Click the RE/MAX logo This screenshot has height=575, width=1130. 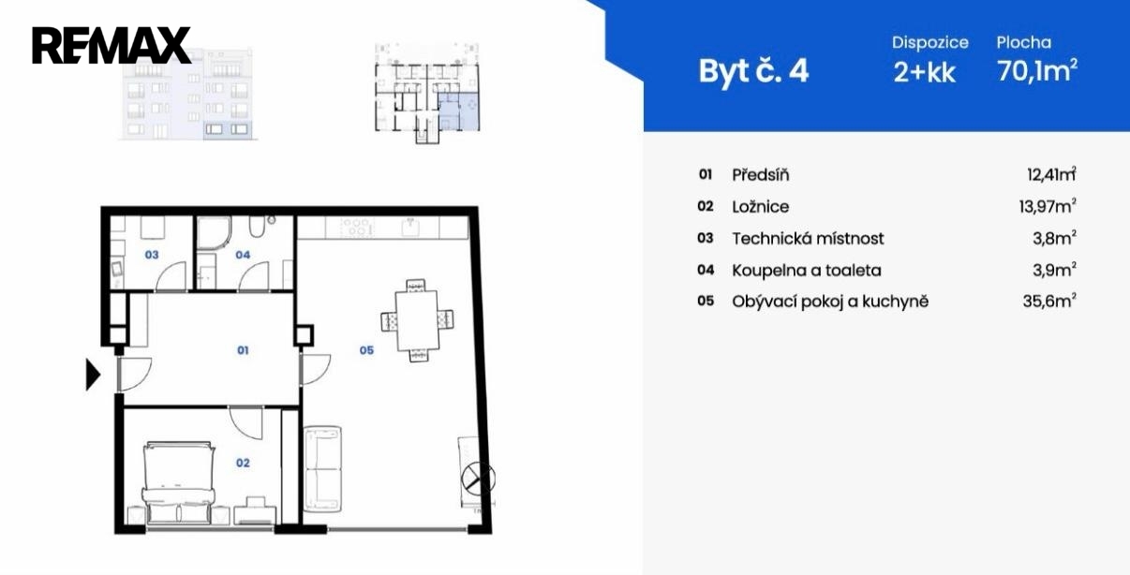coord(112,45)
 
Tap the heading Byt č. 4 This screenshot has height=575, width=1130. coord(753,71)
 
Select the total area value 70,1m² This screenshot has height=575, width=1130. coord(1037,70)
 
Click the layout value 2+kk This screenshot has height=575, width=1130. coord(924,72)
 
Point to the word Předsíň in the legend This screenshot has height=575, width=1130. coord(761,175)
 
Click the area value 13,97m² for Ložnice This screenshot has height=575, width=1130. coord(1048,206)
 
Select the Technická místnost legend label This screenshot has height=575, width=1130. coord(808,239)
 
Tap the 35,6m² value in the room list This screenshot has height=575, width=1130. coord(1049,302)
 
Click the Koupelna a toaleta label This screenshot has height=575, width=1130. coord(807,271)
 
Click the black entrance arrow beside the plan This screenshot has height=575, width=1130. coord(93,375)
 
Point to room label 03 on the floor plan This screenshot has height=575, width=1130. coord(152,255)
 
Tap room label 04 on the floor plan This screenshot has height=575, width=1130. coord(243,255)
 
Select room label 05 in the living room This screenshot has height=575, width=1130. coord(366,350)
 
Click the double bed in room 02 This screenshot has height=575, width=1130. coord(179,482)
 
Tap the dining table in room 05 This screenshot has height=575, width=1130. coord(417,321)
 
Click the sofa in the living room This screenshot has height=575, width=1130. coord(322,468)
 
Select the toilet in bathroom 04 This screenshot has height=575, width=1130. coord(257,227)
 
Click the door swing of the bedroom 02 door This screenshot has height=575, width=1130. coord(246,422)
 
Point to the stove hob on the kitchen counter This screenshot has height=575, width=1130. coord(357,228)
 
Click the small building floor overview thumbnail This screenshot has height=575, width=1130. coord(427,94)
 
